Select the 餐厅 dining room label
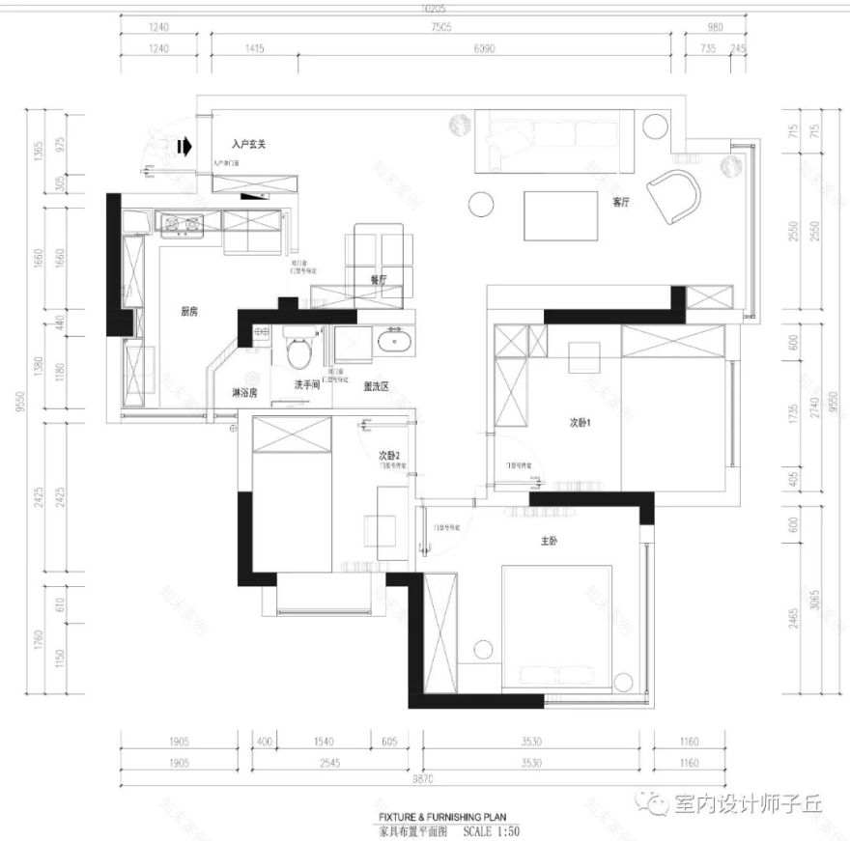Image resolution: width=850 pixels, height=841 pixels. [378, 278]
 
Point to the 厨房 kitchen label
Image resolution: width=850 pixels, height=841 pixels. [190, 312]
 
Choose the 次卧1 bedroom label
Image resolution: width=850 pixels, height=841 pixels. [581, 422]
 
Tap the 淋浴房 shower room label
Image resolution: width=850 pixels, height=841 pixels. [244, 393]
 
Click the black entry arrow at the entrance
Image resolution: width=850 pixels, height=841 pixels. [185, 145]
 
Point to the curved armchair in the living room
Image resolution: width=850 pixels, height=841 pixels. [675, 195]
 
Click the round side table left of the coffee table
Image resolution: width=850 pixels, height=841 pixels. [480, 204]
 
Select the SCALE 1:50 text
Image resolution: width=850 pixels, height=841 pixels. [492, 829]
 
